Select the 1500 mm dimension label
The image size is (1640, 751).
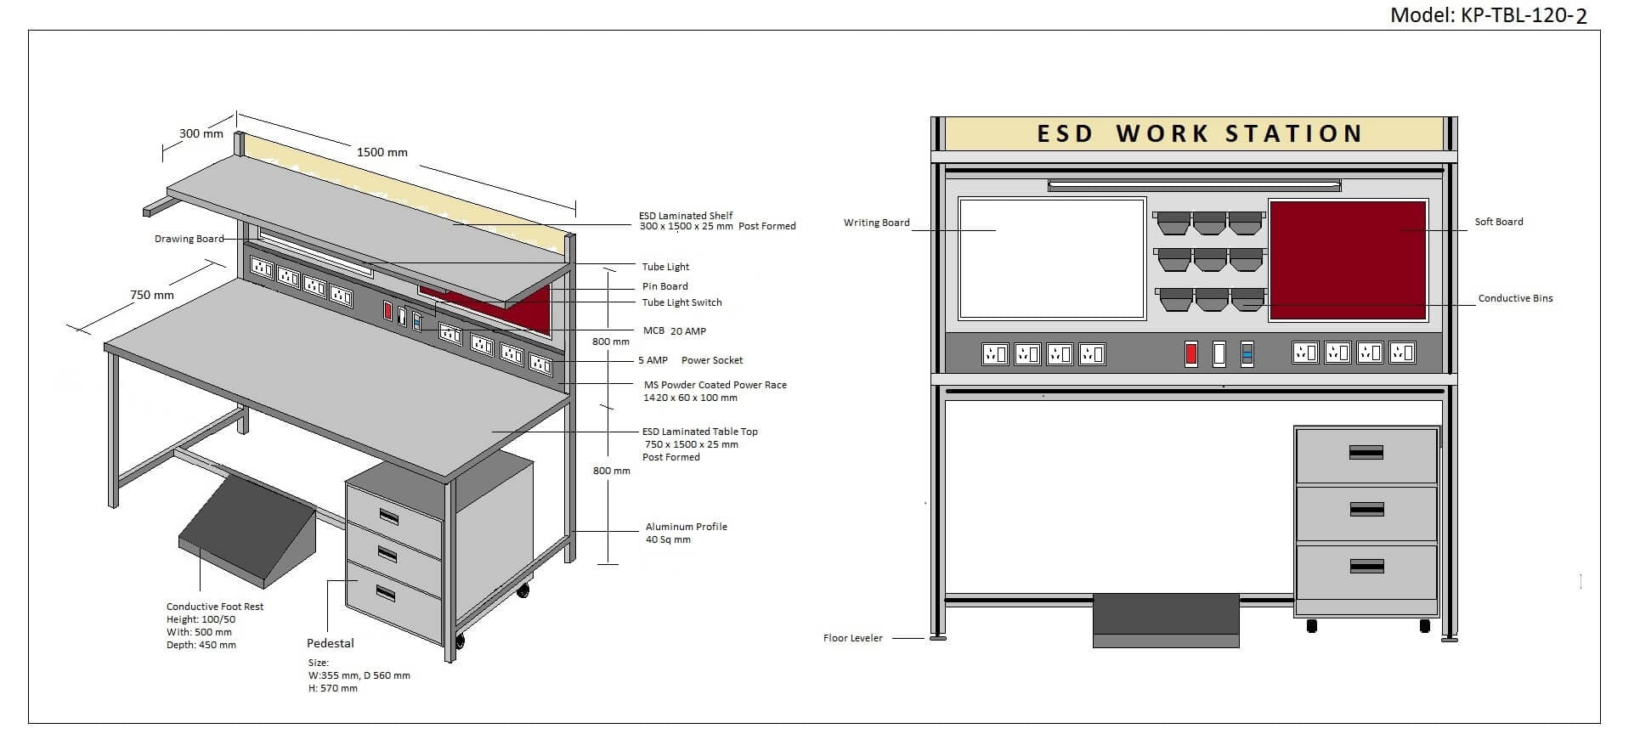tap(382, 152)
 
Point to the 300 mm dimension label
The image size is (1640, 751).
tap(201, 133)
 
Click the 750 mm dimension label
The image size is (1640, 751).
tap(152, 295)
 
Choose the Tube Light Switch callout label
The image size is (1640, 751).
tap(681, 302)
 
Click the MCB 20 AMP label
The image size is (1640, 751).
tap(674, 331)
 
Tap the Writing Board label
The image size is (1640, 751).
tap(876, 223)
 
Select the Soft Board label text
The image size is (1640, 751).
tap(1498, 222)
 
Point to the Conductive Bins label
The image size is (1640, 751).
tap(1515, 298)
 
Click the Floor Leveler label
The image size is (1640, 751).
tap(852, 638)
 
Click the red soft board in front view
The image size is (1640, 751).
tap(1347, 261)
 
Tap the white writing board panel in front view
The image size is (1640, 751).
tap(1052, 258)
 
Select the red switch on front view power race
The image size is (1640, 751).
tap(1190, 353)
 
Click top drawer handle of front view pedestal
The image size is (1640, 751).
tap(1366, 453)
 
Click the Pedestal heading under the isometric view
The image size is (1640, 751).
tap(330, 643)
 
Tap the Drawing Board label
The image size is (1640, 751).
tap(189, 239)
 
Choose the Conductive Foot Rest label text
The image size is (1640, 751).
tap(215, 607)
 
